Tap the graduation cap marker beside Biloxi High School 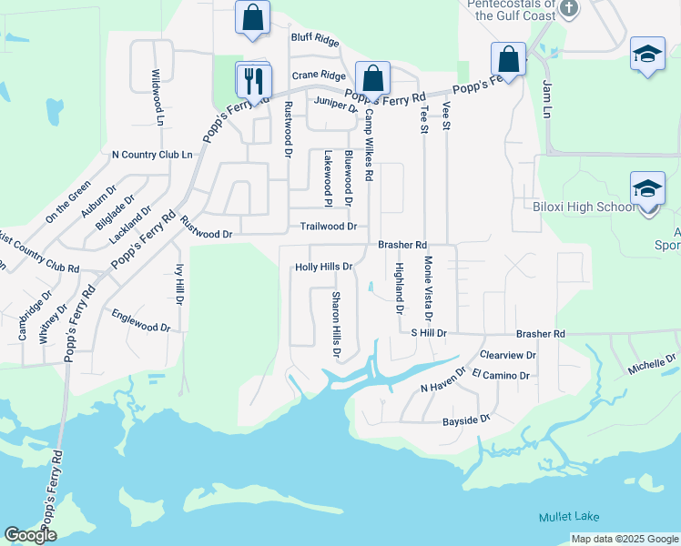[x=646, y=190]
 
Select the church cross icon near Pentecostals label [x=570, y=9]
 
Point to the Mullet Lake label [x=569, y=517]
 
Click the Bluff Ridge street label [x=314, y=39]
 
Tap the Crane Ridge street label [x=319, y=76]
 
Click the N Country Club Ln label [x=151, y=155]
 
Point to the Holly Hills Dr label [x=323, y=267]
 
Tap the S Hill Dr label [x=428, y=334]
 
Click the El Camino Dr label [x=501, y=374]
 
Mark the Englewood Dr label [x=140, y=320]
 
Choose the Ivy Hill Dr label [x=179, y=284]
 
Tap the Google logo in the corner [x=30, y=535]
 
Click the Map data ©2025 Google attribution [x=624, y=539]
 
